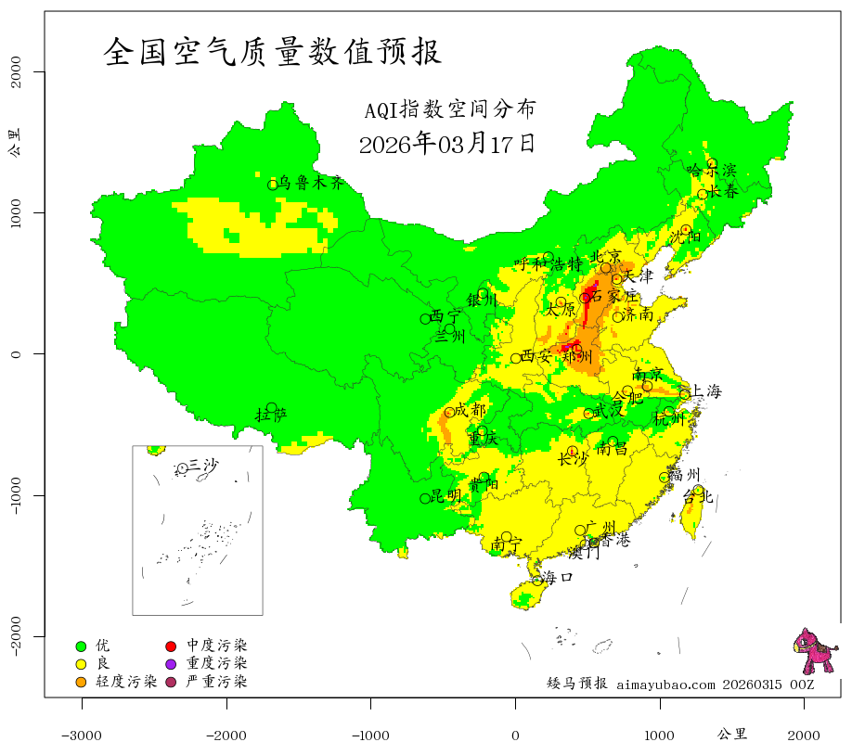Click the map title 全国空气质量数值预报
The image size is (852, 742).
point(272,52)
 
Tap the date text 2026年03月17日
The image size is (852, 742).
point(446,144)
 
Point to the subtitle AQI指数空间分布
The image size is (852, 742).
point(449,109)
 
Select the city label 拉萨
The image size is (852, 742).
point(277,414)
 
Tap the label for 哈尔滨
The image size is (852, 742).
point(711,170)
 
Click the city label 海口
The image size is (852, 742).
point(558,577)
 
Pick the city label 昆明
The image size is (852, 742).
point(446,496)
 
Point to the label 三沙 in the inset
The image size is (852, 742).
point(203,466)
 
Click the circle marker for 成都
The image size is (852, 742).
point(450,412)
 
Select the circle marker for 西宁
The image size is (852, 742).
point(426,319)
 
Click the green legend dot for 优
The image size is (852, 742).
point(81,646)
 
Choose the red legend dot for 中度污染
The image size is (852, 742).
point(172,646)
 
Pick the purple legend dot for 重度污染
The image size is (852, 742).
point(172,664)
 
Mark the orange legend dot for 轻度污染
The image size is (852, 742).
point(81,683)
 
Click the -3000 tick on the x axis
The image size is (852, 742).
point(82,735)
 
